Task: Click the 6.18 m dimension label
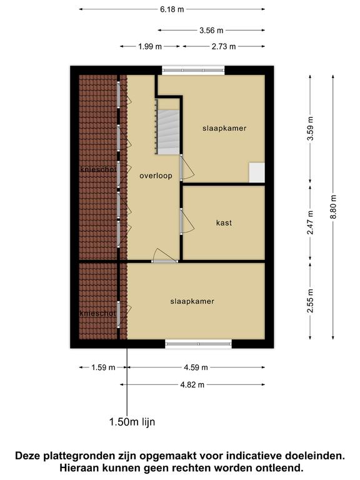pos(172,9)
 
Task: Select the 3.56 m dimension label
pos(211,30)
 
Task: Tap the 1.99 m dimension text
pos(150,46)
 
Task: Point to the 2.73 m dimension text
pos(224,46)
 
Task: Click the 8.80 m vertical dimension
pos(333,207)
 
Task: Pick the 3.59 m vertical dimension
pos(310,129)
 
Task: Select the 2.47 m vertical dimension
pos(310,223)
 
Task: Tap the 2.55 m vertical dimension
pos(310,301)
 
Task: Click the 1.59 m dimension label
pos(103,367)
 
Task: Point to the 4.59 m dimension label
pos(196,367)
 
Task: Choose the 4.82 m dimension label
pos(192,385)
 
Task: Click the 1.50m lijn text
pos(132,422)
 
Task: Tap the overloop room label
pos(156,176)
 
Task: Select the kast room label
pos(224,222)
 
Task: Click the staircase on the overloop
pos(168,132)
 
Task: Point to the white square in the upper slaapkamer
pos(256,172)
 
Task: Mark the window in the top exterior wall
pos(193,71)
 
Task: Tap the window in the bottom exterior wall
pos(198,344)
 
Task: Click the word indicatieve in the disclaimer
pos(254,456)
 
